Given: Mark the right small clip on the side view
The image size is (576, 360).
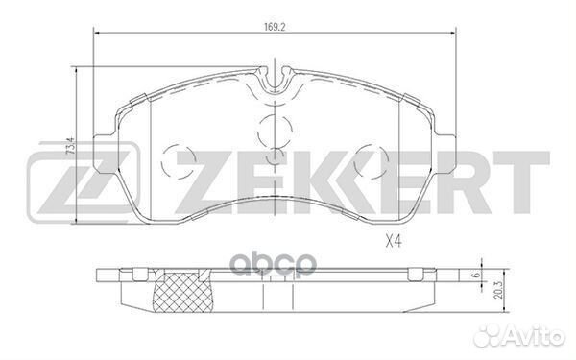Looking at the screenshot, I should pos(418,276).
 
